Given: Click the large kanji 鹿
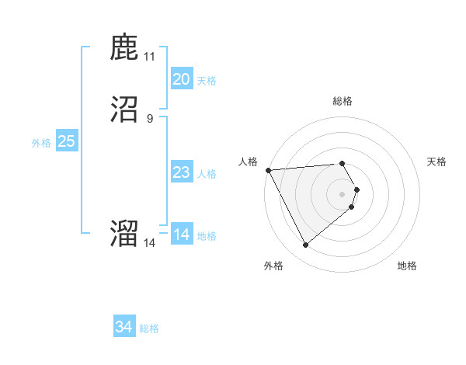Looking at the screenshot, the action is coord(124,48).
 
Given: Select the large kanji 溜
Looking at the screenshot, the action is coord(124,233).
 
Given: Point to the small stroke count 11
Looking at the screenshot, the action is coord(150,56).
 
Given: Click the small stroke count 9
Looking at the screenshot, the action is coord(150,118).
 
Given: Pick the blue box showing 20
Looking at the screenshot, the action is coord(181,79).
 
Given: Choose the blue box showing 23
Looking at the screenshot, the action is coord(181,172).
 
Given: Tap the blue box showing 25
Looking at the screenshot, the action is coord(66,141).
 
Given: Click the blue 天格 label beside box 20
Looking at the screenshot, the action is coord(207,81).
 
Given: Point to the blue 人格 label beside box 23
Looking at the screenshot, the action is coord(207,174).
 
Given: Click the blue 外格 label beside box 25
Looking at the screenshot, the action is coord(41,143).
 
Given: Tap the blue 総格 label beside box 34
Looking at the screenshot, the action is coord(150,328).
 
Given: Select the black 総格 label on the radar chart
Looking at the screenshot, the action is coord(343,101).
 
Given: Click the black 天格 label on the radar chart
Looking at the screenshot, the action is coord(437,162).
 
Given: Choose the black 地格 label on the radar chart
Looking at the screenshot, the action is coord(407,266).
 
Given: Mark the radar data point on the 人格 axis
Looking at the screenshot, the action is coord(268,170).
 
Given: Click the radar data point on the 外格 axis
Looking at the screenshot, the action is coord(305,245).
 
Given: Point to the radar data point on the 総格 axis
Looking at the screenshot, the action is coord(343,163).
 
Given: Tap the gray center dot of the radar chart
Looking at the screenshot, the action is coord(343,193).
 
